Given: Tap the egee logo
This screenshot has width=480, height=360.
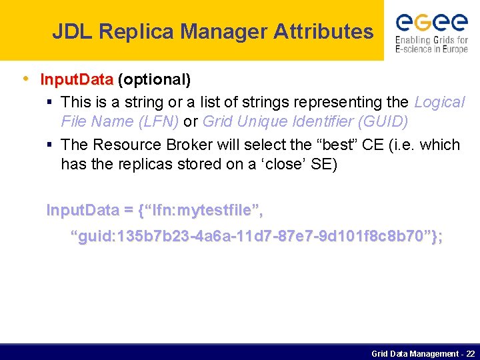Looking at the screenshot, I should [431, 23].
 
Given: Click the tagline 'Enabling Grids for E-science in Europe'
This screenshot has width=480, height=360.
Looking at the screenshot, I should [431, 45].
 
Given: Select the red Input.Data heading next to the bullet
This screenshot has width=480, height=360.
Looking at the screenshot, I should [77, 80].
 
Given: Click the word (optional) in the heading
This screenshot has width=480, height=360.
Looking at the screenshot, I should [155, 80].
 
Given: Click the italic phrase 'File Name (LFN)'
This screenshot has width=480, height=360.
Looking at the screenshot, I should [118, 122].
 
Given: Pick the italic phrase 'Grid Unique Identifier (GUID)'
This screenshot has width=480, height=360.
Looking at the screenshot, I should [305, 122].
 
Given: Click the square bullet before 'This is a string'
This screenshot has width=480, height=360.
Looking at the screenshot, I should [50, 102].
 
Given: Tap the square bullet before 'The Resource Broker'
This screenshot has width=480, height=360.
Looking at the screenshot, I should [50, 145].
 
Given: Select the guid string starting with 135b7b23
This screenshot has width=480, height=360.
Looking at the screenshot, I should [257, 237].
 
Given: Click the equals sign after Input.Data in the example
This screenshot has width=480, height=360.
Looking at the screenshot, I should [128, 211].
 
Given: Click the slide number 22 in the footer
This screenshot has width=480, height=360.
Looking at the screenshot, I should [471, 353].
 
